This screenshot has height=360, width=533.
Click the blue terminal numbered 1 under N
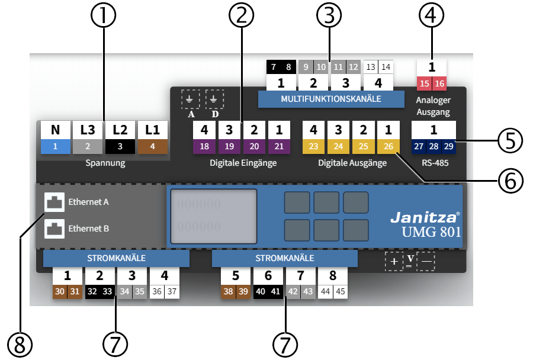click(55, 146)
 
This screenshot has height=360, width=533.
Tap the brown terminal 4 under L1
click(153, 146)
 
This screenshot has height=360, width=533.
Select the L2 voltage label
click(120, 129)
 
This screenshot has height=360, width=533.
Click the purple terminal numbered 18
click(204, 146)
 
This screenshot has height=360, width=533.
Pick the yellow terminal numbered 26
click(388, 146)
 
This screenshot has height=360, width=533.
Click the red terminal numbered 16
click(440, 83)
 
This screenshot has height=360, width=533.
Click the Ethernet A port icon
click(54, 202)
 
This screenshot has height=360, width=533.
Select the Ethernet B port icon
click(54, 228)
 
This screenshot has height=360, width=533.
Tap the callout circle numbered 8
click(20, 343)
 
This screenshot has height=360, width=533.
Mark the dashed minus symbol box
click(426, 262)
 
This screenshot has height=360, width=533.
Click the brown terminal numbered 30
click(60, 292)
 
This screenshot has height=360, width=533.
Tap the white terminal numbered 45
click(340, 292)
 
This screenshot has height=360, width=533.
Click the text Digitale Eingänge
click(243, 163)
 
